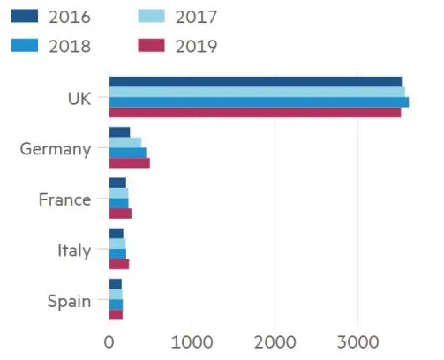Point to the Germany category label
pyautogui.click(x=55, y=148)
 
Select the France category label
pyautogui.click(x=64, y=199)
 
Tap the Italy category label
pyautogui.click(x=73, y=251)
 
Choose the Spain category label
pyautogui.click(x=68, y=302)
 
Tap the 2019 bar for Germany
pyautogui.click(x=129, y=163)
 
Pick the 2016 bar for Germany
pyautogui.click(x=119, y=132)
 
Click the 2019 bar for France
pyautogui.click(x=120, y=214)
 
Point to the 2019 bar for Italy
pyautogui.click(x=118, y=265)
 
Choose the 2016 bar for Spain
pyautogui.click(x=115, y=284)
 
